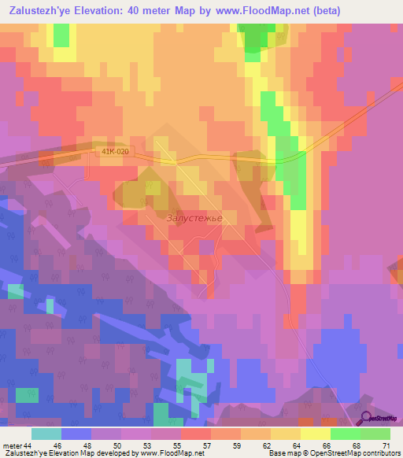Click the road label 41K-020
point(115,150)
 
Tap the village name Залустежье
point(194,218)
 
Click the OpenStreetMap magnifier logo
point(367,418)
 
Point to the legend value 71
point(386,445)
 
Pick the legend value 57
point(207,445)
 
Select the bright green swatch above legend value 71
point(375,434)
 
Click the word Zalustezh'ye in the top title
point(43,10)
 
